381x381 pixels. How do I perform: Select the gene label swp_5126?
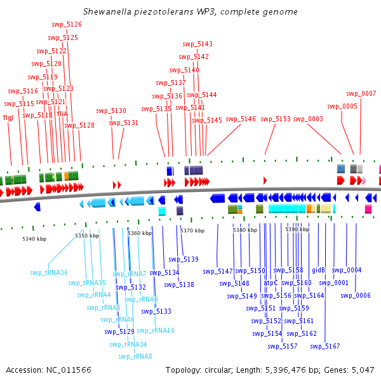tap(66, 24)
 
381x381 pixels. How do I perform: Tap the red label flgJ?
tap(8, 117)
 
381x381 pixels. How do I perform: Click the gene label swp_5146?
tap(241, 119)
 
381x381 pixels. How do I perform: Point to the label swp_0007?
tap(361, 94)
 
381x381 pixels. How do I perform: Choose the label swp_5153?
tap(276, 119)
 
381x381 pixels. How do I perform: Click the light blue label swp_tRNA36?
tap(49, 272)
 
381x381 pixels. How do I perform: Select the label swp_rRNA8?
tap(135, 356)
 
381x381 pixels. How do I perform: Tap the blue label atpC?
tap(271, 283)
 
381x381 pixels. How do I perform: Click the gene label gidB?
tap(318, 270)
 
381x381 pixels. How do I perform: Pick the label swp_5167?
tap(325, 346)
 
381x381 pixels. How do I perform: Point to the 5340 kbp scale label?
tap(34, 239)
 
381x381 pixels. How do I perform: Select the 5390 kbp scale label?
tap(297, 229)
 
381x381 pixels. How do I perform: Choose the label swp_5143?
tap(197, 44)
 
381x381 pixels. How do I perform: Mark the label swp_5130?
tap(111, 110)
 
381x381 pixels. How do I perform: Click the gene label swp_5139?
tap(183, 259)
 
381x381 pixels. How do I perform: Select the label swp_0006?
tap(356, 295)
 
